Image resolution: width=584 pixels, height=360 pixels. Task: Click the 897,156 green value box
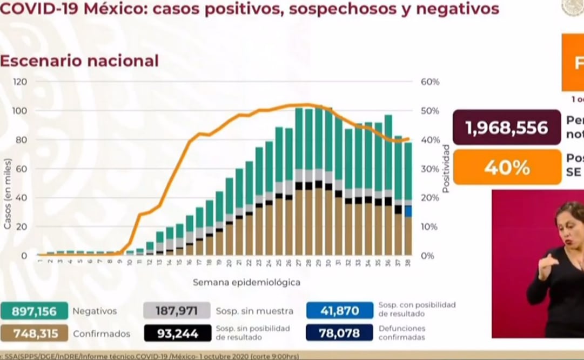(x=34, y=311)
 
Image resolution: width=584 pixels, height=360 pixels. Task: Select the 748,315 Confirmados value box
(x=34, y=334)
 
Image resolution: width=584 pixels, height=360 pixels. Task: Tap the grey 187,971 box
(x=177, y=311)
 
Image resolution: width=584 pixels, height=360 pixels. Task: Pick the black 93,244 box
(x=177, y=333)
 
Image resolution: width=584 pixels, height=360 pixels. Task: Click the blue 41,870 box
(x=339, y=310)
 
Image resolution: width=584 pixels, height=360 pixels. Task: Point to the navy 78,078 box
(x=339, y=333)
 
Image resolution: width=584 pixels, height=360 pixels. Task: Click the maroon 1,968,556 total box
(x=506, y=128)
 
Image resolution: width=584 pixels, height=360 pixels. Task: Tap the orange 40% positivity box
(x=506, y=167)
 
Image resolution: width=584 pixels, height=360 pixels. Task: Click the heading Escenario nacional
(x=79, y=61)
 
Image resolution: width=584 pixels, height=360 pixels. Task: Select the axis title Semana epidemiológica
(x=246, y=282)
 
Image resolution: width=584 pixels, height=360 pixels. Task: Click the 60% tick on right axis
(x=429, y=82)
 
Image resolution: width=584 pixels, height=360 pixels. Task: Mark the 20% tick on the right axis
(x=429, y=197)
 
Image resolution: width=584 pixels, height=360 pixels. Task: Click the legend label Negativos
(x=95, y=311)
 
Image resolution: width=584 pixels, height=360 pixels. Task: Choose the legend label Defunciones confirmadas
(x=401, y=333)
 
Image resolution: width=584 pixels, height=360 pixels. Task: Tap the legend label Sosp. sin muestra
(x=254, y=311)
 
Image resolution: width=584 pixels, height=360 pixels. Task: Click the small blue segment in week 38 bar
(x=408, y=211)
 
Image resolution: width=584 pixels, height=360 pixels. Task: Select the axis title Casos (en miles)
(x=8, y=194)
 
